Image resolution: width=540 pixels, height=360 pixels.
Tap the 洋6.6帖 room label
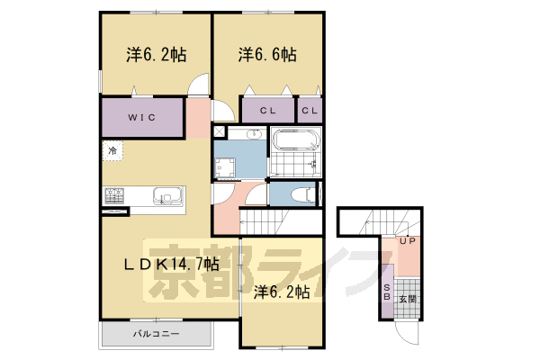(x=267, y=55)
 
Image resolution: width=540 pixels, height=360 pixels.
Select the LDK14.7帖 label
(x=171, y=265)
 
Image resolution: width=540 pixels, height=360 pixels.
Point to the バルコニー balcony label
(x=156, y=335)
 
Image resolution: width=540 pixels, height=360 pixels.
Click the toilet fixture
(x=301, y=193)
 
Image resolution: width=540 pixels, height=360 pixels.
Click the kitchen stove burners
(x=115, y=195)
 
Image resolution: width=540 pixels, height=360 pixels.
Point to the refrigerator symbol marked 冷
(x=112, y=150)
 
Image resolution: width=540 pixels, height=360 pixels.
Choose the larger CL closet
(x=267, y=111)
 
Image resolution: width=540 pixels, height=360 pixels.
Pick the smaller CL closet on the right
(x=309, y=111)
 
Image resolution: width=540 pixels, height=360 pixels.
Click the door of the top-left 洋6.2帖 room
(x=200, y=86)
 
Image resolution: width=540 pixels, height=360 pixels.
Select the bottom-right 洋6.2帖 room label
(x=281, y=292)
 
